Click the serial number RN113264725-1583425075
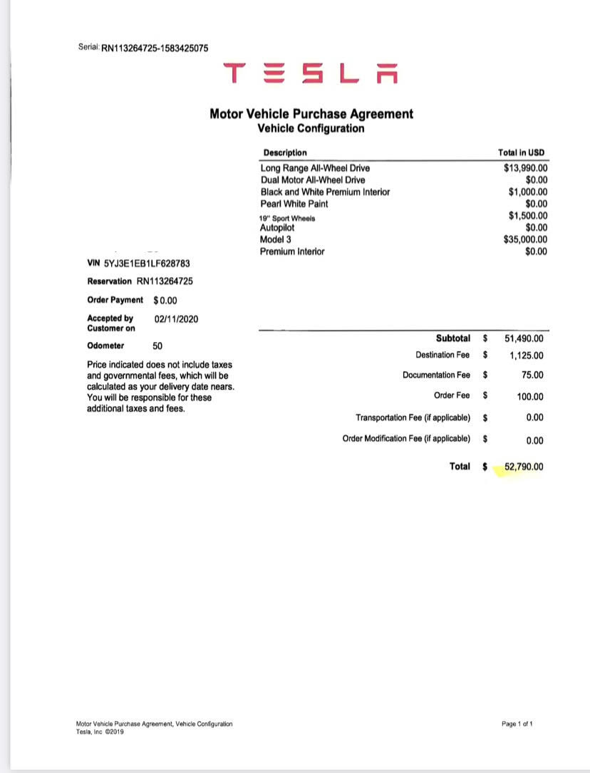click(x=155, y=48)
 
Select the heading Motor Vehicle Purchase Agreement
click(x=311, y=114)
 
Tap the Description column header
click(x=285, y=152)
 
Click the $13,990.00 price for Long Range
click(x=525, y=168)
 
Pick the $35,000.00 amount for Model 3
click(x=525, y=239)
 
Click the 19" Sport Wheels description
click(x=287, y=217)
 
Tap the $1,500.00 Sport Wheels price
click(x=528, y=216)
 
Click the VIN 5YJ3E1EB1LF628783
click(x=146, y=264)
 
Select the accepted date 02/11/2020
click(x=176, y=318)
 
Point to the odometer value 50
click(x=158, y=346)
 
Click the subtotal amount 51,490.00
click(x=524, y=339)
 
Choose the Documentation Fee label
click(x=436, y=375)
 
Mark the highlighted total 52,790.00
click(x=524, y=467)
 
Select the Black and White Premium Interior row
click(x=325, y=192)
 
